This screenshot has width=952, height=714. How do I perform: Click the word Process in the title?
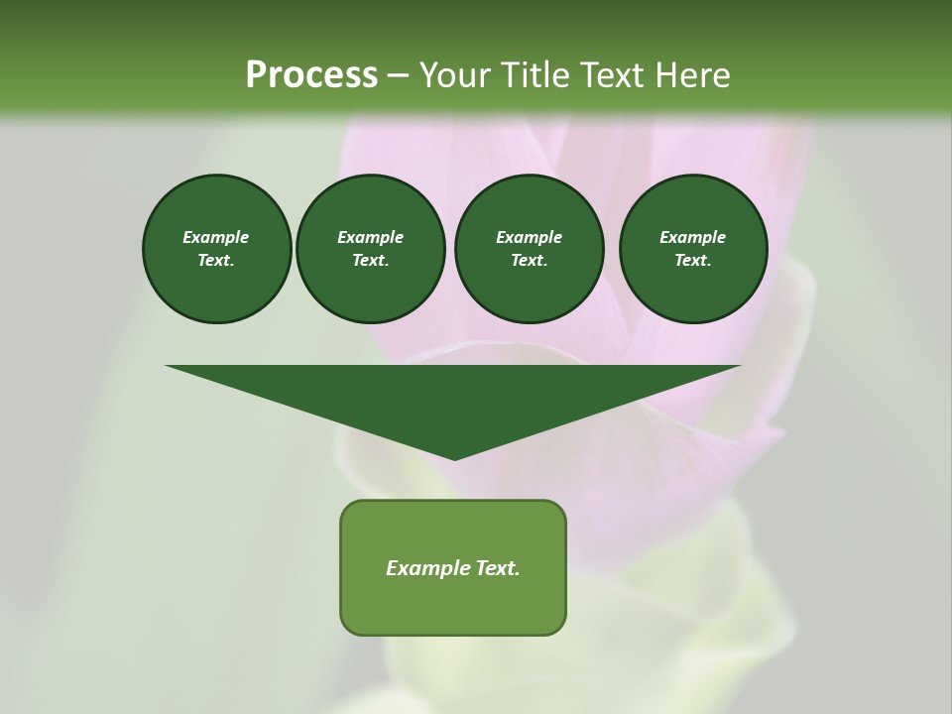(311, 75)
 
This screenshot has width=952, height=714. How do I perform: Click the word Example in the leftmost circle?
(216, 237)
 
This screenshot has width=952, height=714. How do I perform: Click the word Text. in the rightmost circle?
(693, 261)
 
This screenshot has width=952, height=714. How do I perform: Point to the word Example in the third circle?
(530, 237)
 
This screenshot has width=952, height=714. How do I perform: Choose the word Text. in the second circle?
(371, 261)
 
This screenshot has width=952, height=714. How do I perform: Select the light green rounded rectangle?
(453, 605)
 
